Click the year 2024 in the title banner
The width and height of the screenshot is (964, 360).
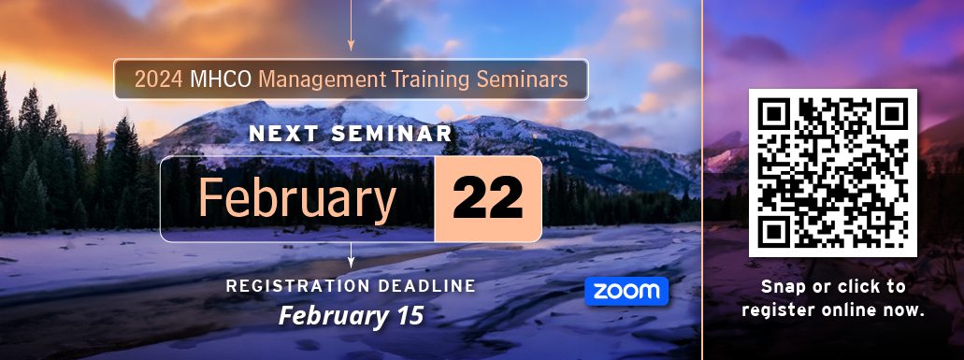158,79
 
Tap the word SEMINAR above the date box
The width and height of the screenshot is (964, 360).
392,134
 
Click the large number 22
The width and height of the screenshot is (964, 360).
487,199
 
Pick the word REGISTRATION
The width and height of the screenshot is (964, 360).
297,286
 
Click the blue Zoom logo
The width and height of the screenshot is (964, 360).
626,291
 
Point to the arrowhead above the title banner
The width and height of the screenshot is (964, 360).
351,45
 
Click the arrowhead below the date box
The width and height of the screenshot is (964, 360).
351,262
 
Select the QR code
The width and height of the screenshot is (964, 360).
833,173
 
